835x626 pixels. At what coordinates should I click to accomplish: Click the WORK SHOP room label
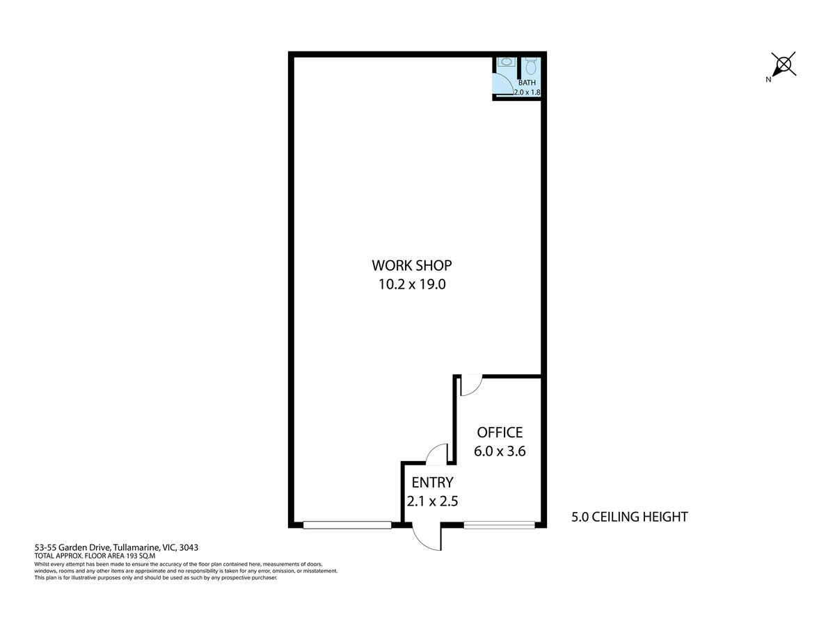(412, 265)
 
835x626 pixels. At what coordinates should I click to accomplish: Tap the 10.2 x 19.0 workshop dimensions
(412, 284)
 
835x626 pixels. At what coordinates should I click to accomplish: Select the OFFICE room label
(500, 432)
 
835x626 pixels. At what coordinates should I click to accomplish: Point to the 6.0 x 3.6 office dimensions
(500, 451)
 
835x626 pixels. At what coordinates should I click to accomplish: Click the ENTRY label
(432, 482)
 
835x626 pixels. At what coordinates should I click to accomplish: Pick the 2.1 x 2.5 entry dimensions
(432, 501)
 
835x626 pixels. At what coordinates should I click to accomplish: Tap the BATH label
(527, 83)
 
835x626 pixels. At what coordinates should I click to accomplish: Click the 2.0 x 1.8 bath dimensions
(527, 92)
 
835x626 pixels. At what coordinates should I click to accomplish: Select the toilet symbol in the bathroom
(530, 66)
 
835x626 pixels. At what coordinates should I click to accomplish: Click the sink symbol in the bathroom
(506, 62)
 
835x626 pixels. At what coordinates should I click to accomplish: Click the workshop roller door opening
(347, 525)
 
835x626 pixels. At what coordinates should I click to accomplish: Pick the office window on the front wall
(499, 525)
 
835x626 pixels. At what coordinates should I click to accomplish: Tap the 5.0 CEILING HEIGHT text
(630, 517)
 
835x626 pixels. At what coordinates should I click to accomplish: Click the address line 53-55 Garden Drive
(116, 547)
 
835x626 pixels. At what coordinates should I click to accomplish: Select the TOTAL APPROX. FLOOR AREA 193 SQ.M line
(95, 555)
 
